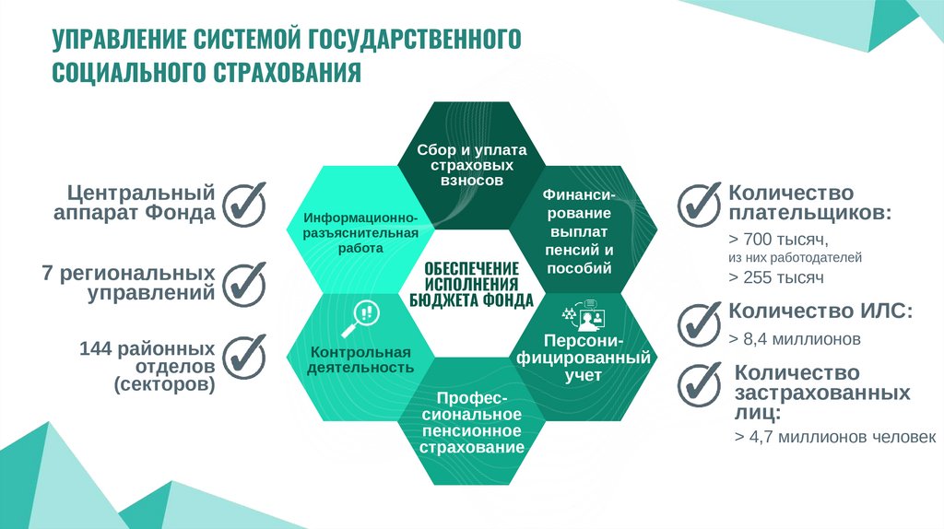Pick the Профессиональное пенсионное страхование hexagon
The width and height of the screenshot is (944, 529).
472,422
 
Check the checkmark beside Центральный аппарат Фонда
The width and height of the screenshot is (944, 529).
245,203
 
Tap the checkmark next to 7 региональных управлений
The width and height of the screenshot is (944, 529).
245,284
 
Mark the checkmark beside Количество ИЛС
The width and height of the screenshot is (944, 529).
698,320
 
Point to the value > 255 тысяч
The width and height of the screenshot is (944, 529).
775,276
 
